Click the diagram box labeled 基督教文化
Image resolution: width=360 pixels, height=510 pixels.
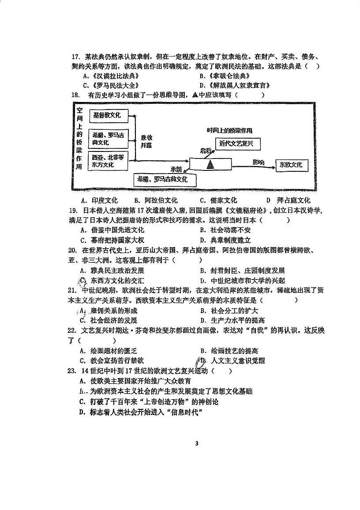[x=107, y=116]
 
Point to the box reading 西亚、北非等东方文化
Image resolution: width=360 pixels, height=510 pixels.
[x=108, y=161]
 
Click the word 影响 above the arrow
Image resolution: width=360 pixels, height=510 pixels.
[x=259, y=162]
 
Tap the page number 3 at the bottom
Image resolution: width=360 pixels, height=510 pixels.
[x=197, y=443]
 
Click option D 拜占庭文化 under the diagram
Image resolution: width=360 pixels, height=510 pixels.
[x=289, y=200]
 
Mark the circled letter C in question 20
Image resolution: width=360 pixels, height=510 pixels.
[x=82, y=280]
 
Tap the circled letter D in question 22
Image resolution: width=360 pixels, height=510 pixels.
[x=201, y=361]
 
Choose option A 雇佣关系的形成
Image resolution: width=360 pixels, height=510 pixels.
[x=110, y=310]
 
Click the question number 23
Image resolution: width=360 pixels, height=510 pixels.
[x=73, y=371]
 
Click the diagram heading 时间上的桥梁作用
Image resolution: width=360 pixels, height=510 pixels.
[x=230, y=131]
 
